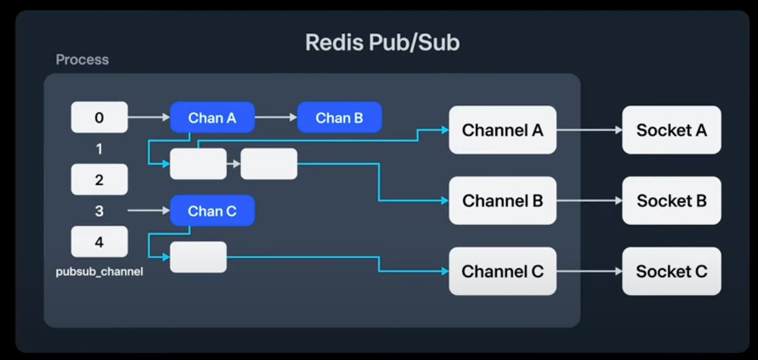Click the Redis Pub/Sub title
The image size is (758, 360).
(382, 43)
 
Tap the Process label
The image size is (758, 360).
(82, 60)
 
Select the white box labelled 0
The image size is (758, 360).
(99, 117)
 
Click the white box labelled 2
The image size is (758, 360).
(99, 180)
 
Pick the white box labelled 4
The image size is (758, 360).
(99, 242)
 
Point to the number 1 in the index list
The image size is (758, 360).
(99, 149)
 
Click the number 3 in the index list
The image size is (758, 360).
(99, 211)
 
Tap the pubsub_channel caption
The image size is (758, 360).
(99, 272)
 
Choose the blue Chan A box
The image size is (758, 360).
(212, 117)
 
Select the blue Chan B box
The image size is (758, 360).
(340, 117)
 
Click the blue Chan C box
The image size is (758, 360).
(212, 211)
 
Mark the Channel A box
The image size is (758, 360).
(503, 130)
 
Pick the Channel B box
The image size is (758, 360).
(503, 201)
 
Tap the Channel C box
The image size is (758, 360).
(503, 271)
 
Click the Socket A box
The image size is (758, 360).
(671, 130)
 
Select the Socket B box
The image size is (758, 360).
(671, 201)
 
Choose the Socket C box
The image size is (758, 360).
(671, 271)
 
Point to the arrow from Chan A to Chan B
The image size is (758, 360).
(276, 117)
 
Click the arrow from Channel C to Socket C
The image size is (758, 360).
(589, 271)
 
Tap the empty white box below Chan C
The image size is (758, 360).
(198, 257)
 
